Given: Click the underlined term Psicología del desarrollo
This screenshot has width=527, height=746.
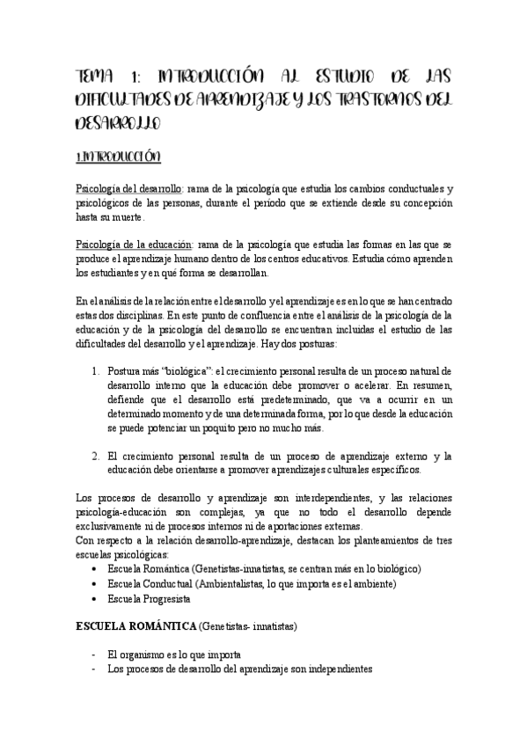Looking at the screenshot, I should coord(128,189).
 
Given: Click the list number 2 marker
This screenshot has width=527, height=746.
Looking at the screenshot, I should coord(96,456).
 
